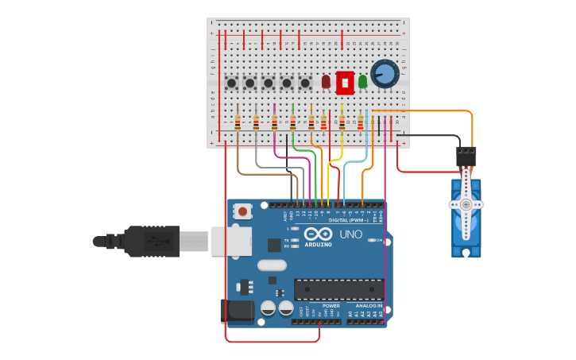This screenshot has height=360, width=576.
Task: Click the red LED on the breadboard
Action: (x=326, y=81)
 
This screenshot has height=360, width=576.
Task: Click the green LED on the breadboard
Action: (x=362, y=81)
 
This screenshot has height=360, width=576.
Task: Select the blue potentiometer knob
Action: (x=384, y=74)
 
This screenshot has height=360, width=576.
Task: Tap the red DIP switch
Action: (x=345, y=82)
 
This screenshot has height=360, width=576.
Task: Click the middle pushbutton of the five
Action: (x=269, y=83)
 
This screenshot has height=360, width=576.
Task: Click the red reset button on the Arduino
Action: (x=242, y=211)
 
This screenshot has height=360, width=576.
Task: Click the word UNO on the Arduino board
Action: (x=351, y=234)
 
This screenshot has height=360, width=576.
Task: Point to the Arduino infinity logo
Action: (x=318, y=234)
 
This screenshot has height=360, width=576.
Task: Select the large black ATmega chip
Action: (x=338, y=290)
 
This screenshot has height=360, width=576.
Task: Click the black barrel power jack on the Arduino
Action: (x=236, y=311)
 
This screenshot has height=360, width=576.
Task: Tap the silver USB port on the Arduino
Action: (x=231, y=241)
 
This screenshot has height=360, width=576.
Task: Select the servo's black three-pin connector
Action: (x=466, y=155)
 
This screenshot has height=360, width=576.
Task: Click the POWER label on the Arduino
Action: (x=331, y=305)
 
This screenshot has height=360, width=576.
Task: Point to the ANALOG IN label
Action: (x=369, y=305)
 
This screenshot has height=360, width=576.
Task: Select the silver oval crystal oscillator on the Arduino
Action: (x=272, y=265)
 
